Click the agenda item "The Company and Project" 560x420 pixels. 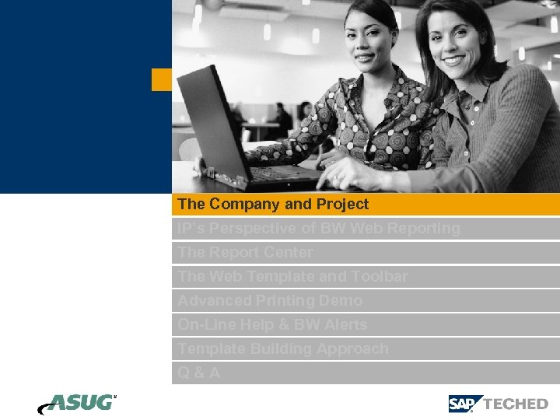click(x=273, y=205)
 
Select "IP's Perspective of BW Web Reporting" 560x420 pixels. click(x=318, y=229)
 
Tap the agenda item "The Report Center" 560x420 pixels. click(x=245, y=253)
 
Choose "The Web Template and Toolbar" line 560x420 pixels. click(x=292, y=277)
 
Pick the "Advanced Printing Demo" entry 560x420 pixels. click(x=270, y=301)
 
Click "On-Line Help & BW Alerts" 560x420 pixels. click(x=272, y=325)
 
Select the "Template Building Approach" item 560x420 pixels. click(x=282, y=349)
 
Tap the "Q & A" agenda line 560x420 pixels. click(x=199, y=373)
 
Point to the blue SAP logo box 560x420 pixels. click(x=464, y=404)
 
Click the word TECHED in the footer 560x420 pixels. click(x=516, y=404)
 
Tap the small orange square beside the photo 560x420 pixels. click(x=161, y=79)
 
